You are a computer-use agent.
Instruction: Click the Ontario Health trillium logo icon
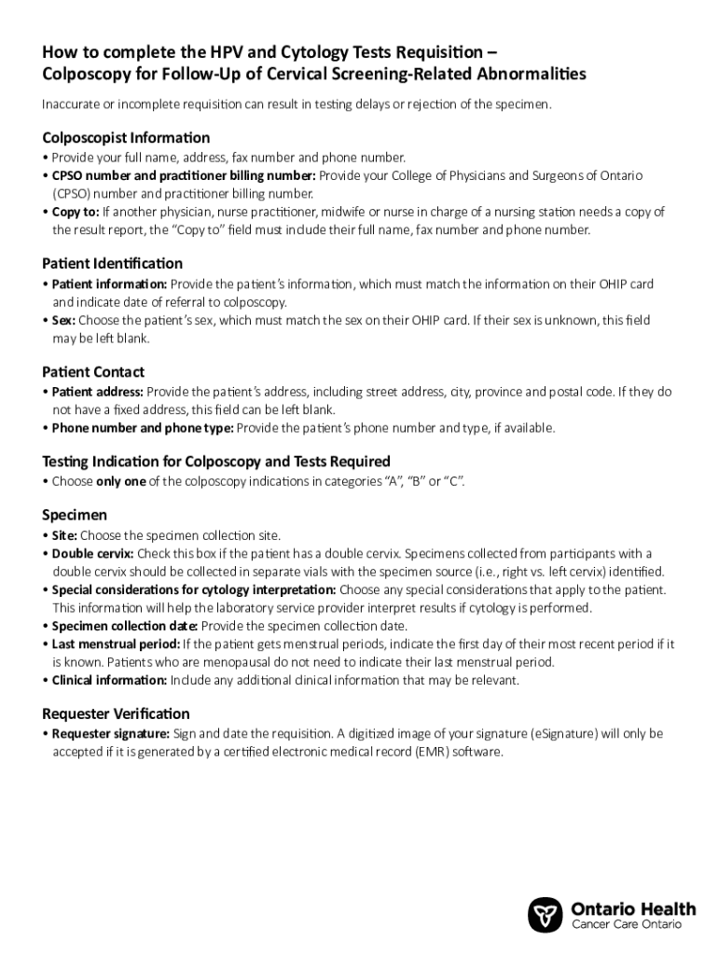[545, 915]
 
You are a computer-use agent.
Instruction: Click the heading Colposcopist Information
[126, 137]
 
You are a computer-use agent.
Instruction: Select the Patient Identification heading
[112, 264]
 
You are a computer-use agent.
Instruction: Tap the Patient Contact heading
[93, 372]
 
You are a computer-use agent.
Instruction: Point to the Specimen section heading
[75, 515]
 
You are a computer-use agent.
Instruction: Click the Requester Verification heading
[116, 713]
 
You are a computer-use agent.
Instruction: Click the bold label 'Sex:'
[63, 320]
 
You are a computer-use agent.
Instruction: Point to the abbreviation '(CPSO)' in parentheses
[70, 194]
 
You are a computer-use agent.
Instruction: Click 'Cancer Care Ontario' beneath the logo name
[626, 923]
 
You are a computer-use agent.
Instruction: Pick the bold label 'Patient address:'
[98, 392]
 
